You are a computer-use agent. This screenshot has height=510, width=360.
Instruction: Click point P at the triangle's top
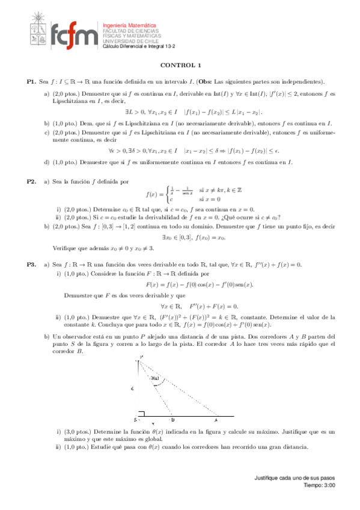pyautogui.click(x=141, y=358)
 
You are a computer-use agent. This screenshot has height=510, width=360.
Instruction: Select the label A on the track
pyautogui.click(x=216, y=420)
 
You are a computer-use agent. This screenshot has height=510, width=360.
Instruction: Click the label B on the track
pyautogui.click(x=172, y=420)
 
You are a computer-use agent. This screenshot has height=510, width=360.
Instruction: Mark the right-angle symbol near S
pyautogui.click(x=142, y=416)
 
